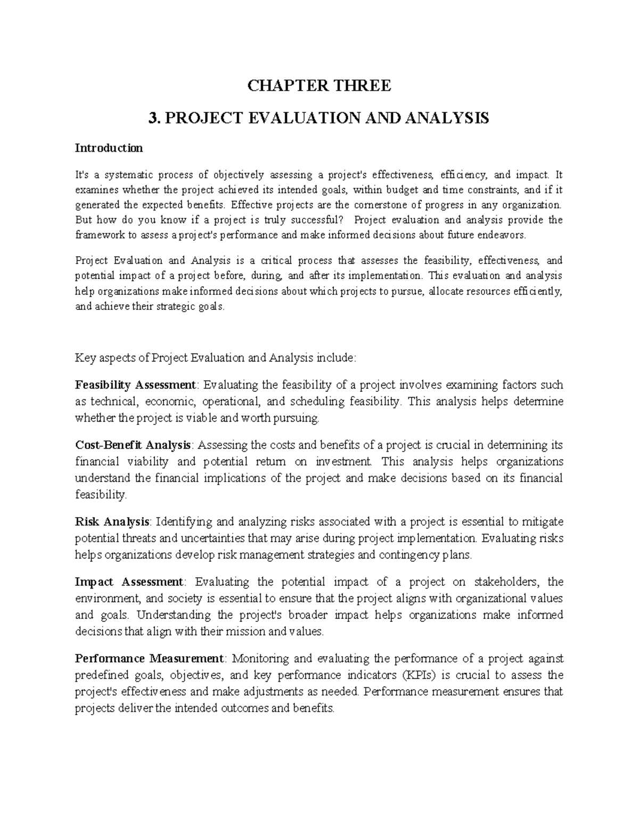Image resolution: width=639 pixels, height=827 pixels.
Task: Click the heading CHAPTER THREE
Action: click(319, 85)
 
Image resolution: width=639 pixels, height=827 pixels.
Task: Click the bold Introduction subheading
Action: click(109, 148)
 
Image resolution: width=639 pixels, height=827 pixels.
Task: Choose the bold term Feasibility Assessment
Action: click(136, 384)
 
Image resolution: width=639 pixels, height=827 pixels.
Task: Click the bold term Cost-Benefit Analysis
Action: click(133, 445)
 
